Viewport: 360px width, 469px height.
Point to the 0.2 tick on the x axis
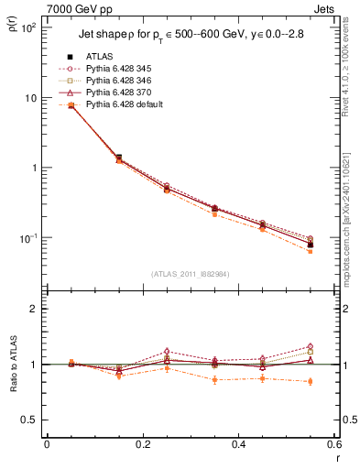(142, 445)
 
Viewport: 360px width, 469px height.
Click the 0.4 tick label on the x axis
(238, 445)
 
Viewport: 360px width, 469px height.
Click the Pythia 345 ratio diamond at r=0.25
(167, 351)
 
